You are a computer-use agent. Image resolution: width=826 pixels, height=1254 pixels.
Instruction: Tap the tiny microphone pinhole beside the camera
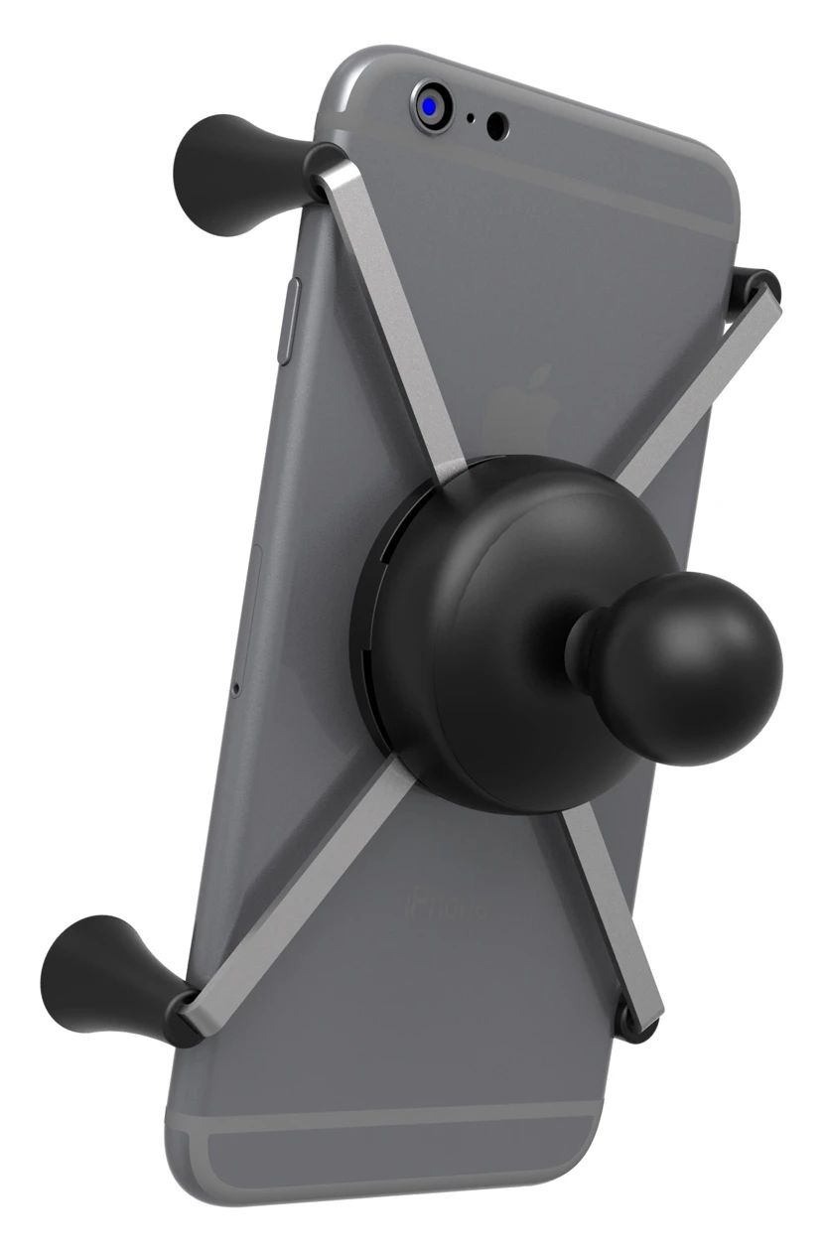(471, 118)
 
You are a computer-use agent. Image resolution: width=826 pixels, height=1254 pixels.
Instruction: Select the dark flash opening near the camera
(496, 124)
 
